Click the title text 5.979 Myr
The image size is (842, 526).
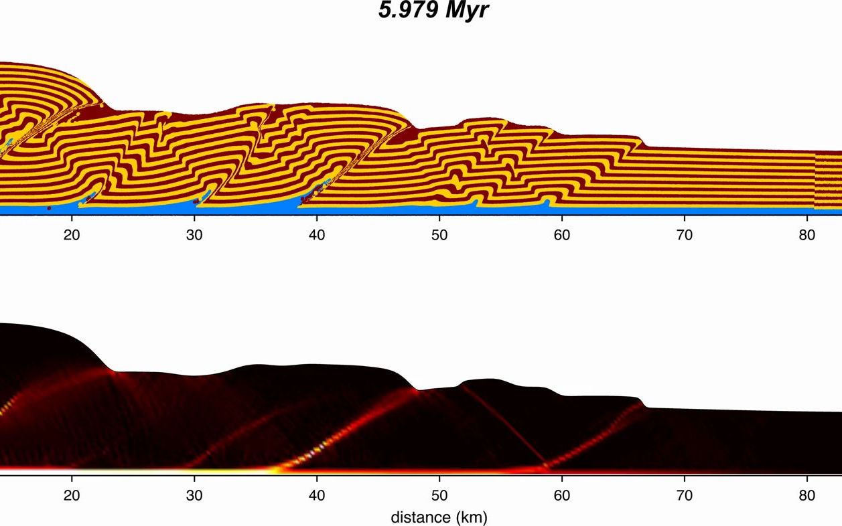434,11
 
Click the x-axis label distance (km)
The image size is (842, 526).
439,517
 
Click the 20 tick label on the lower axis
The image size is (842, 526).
72,496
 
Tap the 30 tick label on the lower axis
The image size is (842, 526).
194,496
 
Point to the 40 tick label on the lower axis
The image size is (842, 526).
317,496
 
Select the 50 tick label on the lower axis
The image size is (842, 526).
439,496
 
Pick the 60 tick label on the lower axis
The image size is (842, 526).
561,496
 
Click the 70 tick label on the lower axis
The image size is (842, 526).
684,496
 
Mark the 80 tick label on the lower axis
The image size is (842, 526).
806,496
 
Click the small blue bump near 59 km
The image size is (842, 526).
548,203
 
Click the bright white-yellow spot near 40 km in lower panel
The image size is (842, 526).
309,456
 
